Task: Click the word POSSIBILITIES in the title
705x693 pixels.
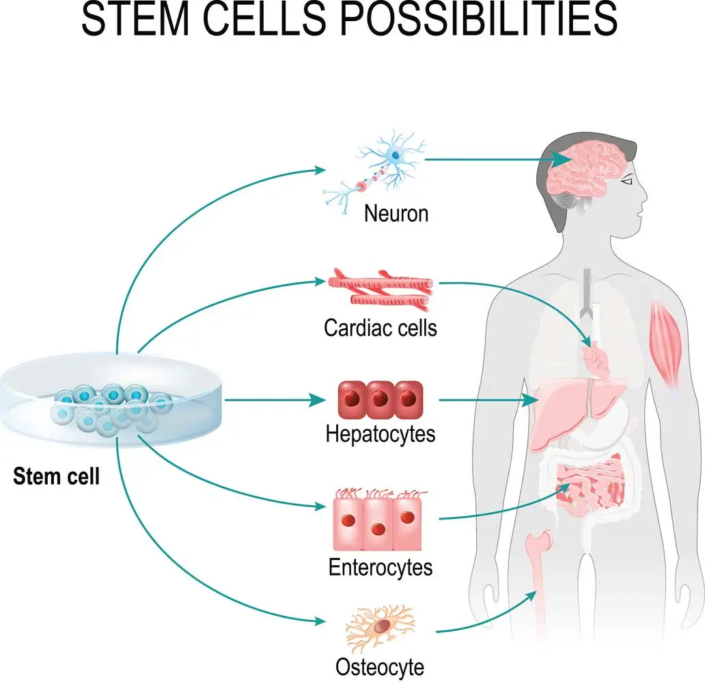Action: pos(478,18)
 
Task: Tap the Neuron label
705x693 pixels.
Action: pos(396,213)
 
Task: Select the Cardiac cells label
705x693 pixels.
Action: pos(381,328)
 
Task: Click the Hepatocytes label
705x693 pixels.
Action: pos(381,434)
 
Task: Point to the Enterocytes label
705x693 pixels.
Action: pos(381,567)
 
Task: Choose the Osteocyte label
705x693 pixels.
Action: pos(380,667)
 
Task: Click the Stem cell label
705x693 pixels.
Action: pos(56,477)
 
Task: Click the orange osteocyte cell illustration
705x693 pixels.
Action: pos(381,626)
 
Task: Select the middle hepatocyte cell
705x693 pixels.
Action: pos(381,399)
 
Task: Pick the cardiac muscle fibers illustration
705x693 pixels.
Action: pos(381,290)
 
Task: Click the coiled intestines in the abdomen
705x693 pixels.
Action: pos(590,485)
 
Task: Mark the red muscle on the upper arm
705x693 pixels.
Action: pos(666,344)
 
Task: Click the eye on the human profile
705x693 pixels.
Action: pos(627,181)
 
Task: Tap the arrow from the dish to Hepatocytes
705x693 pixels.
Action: pos(275,399)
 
